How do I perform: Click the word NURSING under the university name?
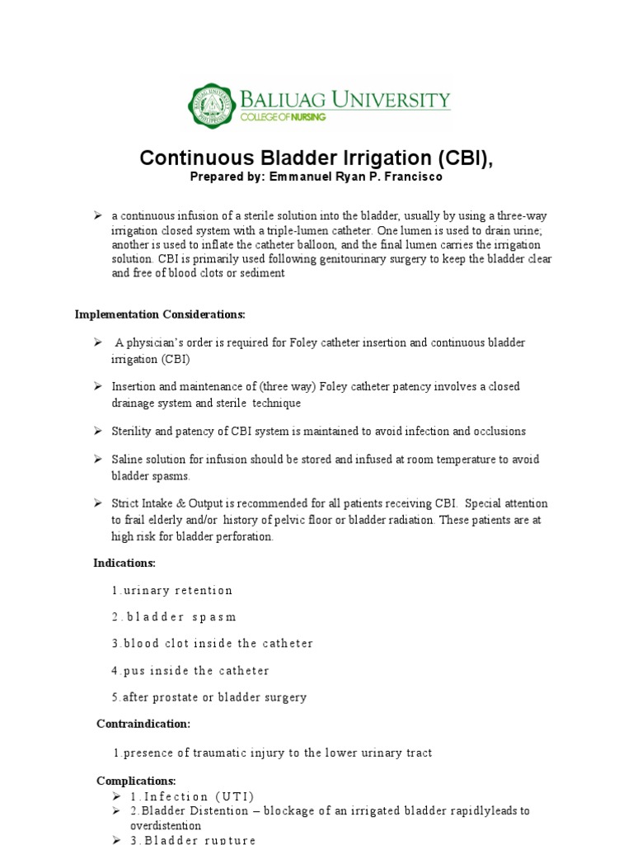pyautogui.click(x=304, y=118)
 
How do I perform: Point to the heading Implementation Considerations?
pyautogui.click(x=160, y=314)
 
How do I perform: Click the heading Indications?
pyautogui.click(x=124, y=563)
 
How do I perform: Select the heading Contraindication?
pyautogui.click(x=143, y=724)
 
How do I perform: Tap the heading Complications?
pyautogui.click(x=136, y=781)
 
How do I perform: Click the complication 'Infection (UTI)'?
pyautogui.click(x=192, y=796)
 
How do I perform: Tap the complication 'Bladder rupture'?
pyautogui.click(x=193, y=839)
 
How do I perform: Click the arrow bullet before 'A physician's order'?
pyautogui.click(x=96, y=342)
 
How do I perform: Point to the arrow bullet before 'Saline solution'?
pyautogui.click(x=96, y=458)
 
